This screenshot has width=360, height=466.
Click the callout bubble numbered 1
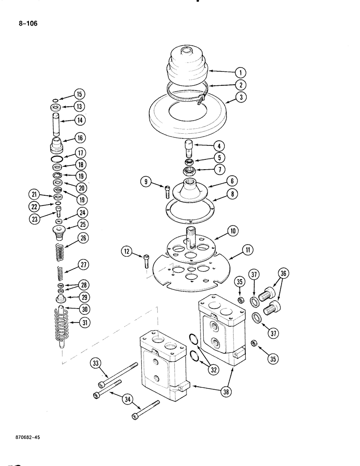240,72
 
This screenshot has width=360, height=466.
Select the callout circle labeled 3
240,98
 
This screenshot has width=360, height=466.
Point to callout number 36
283,273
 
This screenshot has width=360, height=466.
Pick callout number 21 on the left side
33,194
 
